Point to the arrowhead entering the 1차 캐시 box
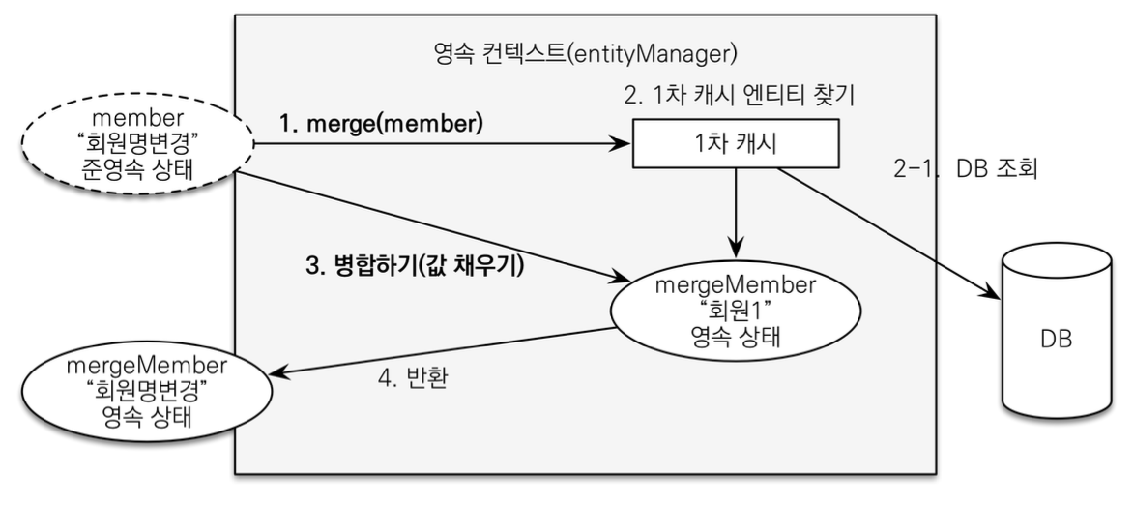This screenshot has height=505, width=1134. point(625,145)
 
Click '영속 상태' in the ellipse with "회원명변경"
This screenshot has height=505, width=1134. point(143,418)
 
